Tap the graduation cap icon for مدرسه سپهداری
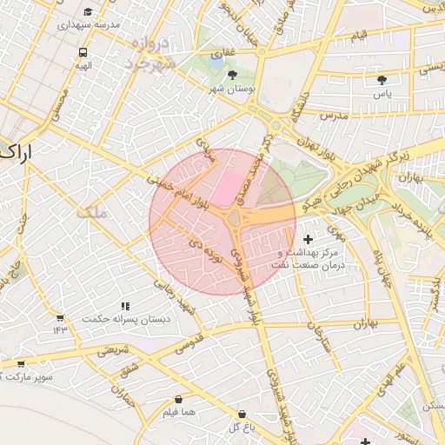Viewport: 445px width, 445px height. point(88,12)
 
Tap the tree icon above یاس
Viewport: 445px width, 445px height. point(382,79)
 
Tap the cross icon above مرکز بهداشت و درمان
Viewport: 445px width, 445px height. point(308,238)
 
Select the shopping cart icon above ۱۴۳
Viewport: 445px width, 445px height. point(60,318)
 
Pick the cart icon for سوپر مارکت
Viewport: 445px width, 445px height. point(20,363)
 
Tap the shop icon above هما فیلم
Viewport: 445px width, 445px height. point(177,400)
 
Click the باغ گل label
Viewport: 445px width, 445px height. point(240,427)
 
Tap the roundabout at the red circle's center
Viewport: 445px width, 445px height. point(235,219)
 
